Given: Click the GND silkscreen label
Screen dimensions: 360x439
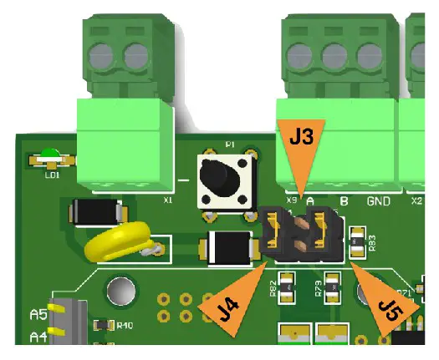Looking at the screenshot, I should coord(379,201).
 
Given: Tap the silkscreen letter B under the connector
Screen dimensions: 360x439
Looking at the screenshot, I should coord(344,201).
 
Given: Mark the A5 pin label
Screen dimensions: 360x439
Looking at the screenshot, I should coord(37,315).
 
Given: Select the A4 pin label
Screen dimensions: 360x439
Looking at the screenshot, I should coord(37,337).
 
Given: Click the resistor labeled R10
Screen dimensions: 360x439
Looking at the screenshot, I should coord(103,325).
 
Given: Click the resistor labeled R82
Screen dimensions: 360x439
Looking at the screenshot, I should coord(288,287).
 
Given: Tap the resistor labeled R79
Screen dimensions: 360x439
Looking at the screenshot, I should coord(334,287).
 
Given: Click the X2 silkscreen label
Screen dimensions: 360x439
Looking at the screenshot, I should coord(416,201).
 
